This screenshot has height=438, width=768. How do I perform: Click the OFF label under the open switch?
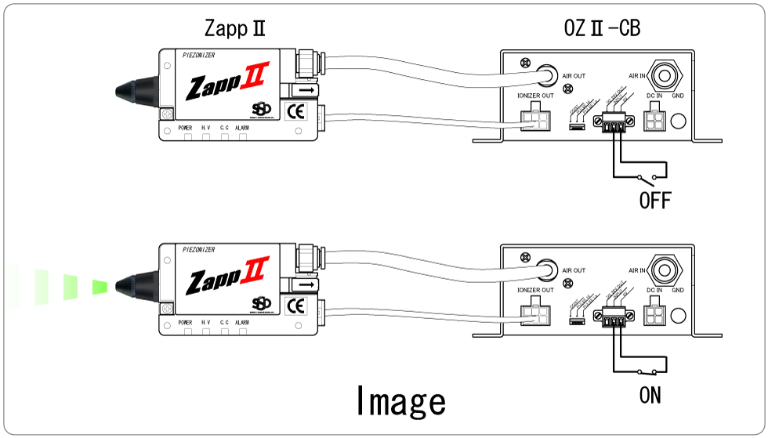click(655, 201)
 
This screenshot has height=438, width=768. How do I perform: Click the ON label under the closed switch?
click(650, 396)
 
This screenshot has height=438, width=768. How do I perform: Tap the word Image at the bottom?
click(400, 401)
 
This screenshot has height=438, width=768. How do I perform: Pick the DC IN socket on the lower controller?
click(654, 315)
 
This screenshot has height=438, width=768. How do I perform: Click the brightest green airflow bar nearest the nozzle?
click(100, 287)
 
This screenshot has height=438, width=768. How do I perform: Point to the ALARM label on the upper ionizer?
click(242, 127)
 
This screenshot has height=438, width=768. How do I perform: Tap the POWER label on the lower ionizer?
click(185, 322)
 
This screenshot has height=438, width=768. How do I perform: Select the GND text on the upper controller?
click(678, 95)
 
